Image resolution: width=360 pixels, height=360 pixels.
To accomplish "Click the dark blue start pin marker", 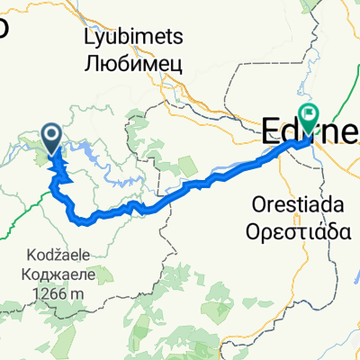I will pyautogui.click(x=51, y=139).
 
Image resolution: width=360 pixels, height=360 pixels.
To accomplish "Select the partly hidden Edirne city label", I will pyautogui.click(x=288, y=135).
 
